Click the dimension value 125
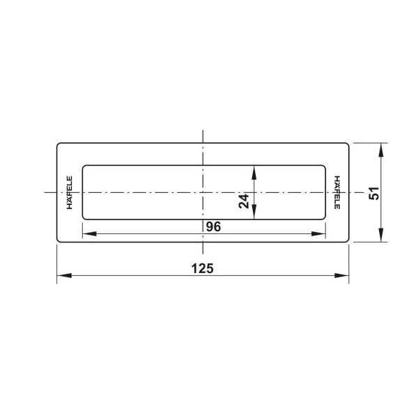[202, 268]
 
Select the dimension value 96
[214, 227]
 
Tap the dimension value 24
[244, 201]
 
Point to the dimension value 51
[373, 193]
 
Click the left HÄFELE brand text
[69, 192]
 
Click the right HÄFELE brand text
[337, 192]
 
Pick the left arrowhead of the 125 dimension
[64, 275]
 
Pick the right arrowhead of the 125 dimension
[341, 275]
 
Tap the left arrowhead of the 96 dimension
[90, 234]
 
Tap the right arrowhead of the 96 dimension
[318, 234]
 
